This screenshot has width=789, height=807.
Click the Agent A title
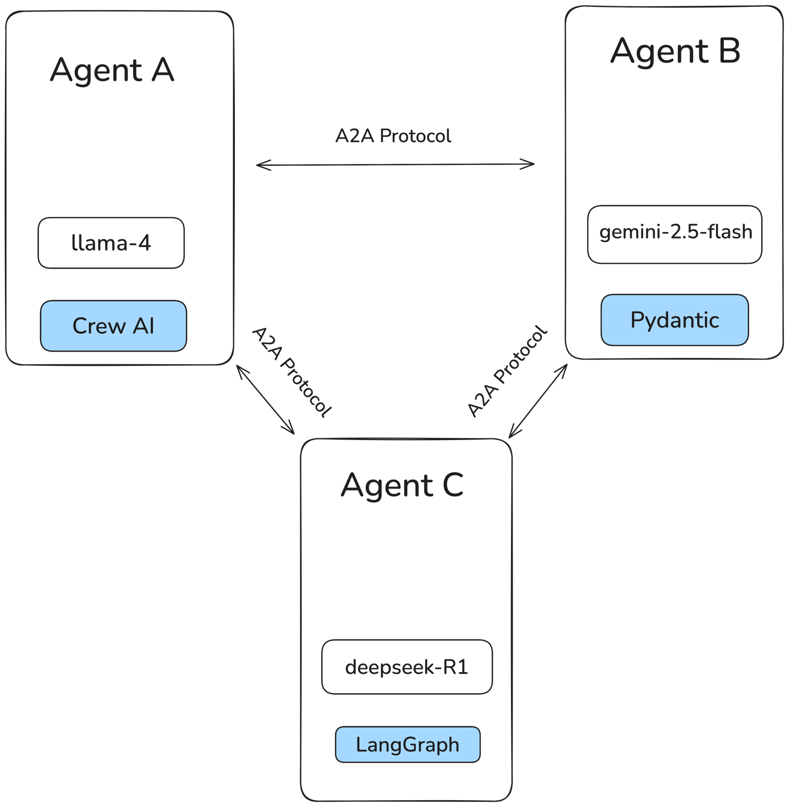point(112,71)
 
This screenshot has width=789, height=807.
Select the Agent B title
point(675,52)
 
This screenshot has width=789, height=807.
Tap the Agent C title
point(402,485)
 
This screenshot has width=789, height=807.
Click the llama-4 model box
point(111,243)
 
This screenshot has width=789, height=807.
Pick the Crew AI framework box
point(113,326)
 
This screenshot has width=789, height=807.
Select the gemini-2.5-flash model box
point(675,234)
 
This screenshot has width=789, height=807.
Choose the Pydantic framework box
point(675,320)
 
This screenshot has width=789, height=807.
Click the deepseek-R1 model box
point(407,667)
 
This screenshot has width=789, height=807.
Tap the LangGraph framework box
point(408,745)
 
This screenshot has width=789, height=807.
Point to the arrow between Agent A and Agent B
point(395,165)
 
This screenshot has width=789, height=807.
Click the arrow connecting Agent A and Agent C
point(265,400)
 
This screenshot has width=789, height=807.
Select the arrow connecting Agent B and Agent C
point(538,401)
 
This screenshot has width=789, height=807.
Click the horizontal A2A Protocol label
point(393,136)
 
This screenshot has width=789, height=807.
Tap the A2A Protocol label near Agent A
point(292,373)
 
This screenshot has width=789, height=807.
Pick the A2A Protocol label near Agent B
point(507,372)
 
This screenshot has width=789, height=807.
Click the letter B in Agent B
point(729,52)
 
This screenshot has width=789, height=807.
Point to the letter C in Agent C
point(453,485)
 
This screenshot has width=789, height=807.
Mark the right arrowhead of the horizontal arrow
point(531,164)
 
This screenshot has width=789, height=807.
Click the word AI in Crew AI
point(143,326)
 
